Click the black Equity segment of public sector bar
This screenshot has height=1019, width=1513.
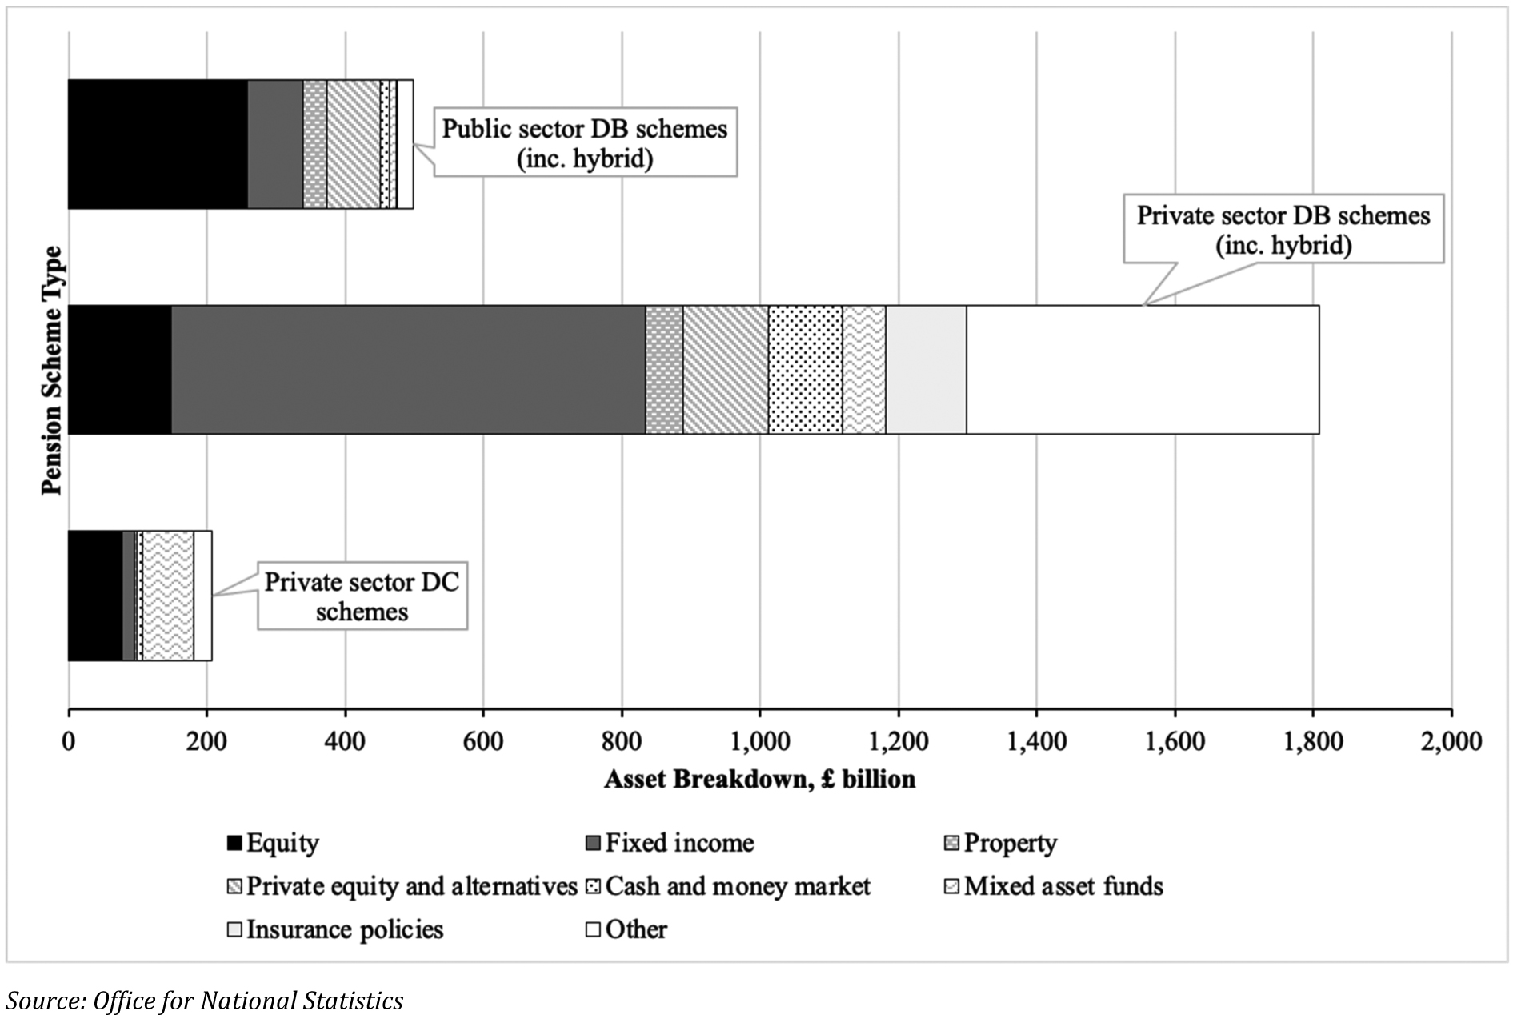[x=158, y=144]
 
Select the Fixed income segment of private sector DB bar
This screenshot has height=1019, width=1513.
[x=408, y=370]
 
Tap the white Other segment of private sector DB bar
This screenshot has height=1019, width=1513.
[x=1142, y=370]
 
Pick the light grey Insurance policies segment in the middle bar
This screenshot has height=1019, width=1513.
[x=926, y=370]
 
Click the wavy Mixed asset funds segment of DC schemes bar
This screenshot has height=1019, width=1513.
[x=168, y=596]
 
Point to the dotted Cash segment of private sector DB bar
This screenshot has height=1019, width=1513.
[x=805, y=370]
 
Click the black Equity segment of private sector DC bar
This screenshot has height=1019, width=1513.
[x=95, y=596]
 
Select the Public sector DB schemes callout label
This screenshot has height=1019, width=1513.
[x=585, y=143]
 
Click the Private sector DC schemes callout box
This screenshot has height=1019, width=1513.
[x=362, y=596]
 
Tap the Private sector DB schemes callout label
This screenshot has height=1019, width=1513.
[x=1283, y=230]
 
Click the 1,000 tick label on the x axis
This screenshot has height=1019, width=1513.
[x=759, y=742]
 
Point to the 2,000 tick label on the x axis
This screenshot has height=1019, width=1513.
[x=1450, y=742]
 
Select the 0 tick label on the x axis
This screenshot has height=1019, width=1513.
[x=69, y=742]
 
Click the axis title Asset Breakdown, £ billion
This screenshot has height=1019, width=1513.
[x=759, y=780]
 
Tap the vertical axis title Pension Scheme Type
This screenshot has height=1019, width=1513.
[x=52, y=370]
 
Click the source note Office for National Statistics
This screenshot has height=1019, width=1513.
[x=205, y=1001]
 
